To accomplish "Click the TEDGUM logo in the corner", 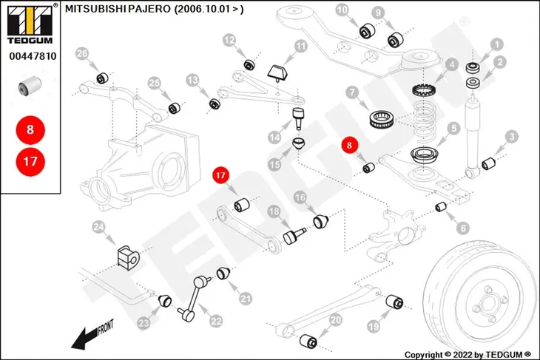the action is (30, 24).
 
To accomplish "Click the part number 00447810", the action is (33, 56).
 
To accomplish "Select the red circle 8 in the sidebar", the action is (30, 130).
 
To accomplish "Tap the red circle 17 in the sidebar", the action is (30, 161).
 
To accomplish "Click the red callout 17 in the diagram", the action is (220, 175).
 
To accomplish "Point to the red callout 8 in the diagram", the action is (350, 145).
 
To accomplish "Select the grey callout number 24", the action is (98, 227).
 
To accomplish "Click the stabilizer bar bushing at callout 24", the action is (128, 257).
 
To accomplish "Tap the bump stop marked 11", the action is (278, 72).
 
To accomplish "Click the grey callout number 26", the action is (82, 53).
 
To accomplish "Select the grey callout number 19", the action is (374, 326).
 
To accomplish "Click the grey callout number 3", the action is (512, 137).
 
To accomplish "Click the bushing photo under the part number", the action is (30, 85).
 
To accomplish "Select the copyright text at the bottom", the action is (468, 355).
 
